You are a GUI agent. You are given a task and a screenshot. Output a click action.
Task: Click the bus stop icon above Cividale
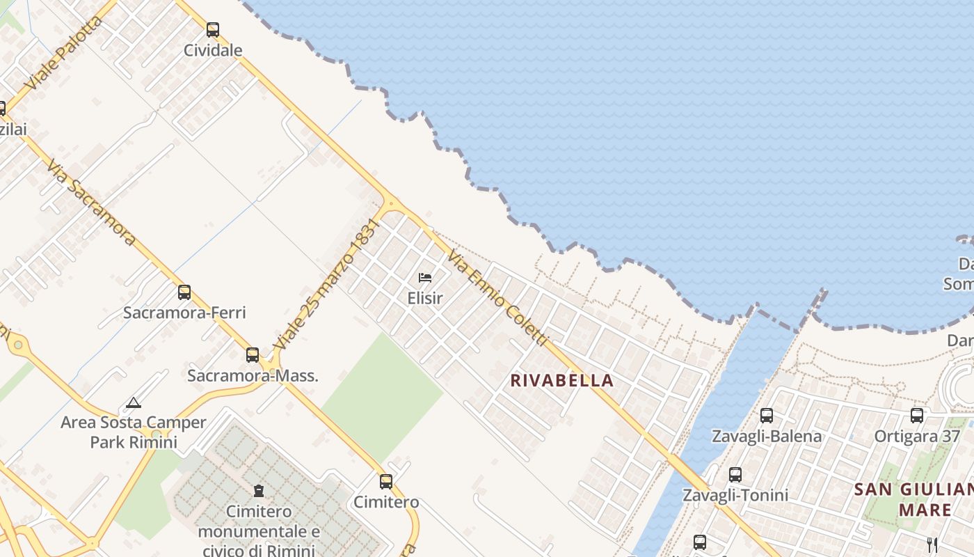(213, 30)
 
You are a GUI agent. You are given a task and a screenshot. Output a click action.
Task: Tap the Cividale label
(213, 50)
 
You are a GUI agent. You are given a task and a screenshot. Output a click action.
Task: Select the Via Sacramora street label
(90, 202)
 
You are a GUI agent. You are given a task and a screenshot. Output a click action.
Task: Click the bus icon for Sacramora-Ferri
(184, 292)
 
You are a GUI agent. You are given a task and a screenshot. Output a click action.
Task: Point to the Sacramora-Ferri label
(184, 313)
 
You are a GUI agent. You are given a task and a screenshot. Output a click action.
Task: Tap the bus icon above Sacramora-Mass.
(253, 355)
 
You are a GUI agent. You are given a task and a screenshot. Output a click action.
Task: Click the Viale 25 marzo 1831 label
(327, 284)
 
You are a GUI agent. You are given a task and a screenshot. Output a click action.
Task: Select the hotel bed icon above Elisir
(425, 278)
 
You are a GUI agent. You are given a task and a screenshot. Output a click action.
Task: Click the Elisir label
(425, 298)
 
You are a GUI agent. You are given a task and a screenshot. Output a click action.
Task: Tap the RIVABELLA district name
(562, 380)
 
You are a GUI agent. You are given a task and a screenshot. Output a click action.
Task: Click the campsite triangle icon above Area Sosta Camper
(134, 402)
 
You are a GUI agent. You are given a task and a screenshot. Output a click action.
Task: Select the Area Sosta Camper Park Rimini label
(134, 432)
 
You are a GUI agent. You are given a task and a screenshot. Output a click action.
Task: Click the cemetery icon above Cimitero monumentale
(259, 491)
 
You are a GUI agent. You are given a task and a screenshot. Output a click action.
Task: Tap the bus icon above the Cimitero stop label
(386, 481)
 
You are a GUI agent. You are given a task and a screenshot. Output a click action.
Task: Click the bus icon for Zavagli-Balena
(767, 416)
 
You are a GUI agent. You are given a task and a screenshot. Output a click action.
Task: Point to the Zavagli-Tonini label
(735, 495)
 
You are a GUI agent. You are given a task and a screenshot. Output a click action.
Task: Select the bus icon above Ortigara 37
(917, 416)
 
